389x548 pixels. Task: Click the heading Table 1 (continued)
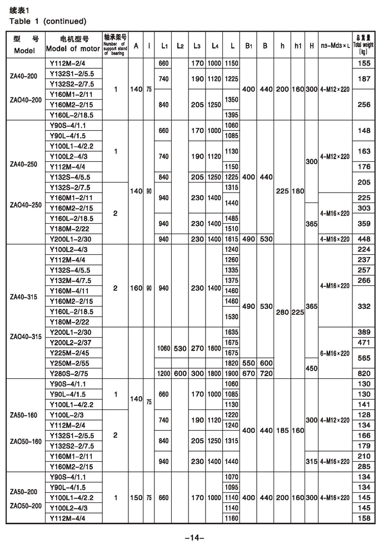(48, 21)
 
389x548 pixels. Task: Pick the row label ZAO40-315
(26, 337)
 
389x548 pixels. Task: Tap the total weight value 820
(364, 373)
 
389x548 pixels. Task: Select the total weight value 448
(364, 239)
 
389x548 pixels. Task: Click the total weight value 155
(364, 64)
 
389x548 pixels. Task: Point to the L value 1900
(231, 373)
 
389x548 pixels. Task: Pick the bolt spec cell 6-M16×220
(336, 353)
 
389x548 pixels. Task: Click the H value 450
(312, 368)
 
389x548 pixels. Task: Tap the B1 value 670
(250, 373)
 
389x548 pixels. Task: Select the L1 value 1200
(163, 373)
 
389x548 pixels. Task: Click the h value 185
(283, 430)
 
